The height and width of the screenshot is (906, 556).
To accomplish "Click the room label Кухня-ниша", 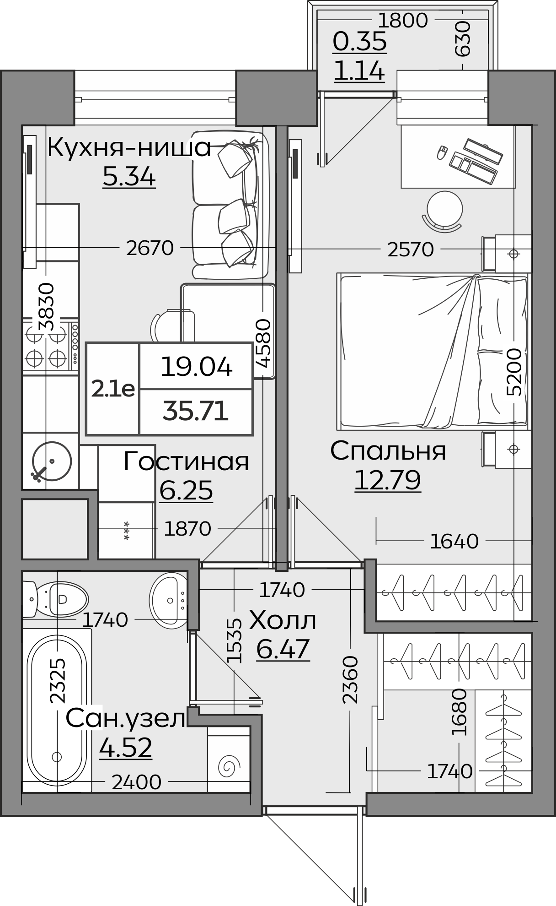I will (x=129, y=147).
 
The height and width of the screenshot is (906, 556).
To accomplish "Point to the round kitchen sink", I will (x=52, y=461).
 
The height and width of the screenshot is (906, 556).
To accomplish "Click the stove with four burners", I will (x=50, y=348).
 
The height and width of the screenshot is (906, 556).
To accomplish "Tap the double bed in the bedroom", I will (x=432, y=352).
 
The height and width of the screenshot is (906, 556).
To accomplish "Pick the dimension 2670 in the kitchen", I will (x=150, y=248).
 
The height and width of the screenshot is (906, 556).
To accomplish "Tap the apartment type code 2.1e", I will (x=113, y=389).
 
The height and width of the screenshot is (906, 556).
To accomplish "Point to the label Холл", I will (x=282, y=621).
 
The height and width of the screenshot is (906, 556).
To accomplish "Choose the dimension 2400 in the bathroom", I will (x=136, y=782).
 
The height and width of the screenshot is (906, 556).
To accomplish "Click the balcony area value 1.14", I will (x=359, y=71).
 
